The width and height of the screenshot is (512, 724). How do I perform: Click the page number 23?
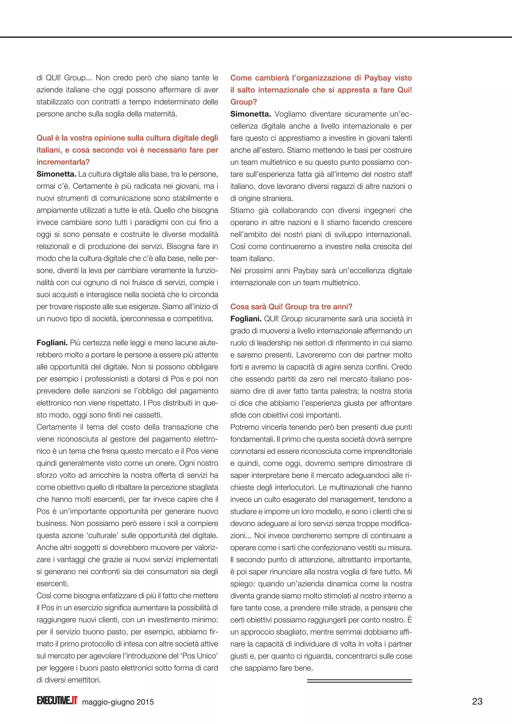477,701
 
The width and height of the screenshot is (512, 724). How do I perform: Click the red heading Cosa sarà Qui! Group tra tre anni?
291,306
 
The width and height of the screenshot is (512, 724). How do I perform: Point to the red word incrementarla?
63,162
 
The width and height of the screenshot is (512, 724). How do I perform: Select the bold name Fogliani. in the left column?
52,343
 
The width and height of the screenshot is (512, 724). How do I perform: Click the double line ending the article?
359,681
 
